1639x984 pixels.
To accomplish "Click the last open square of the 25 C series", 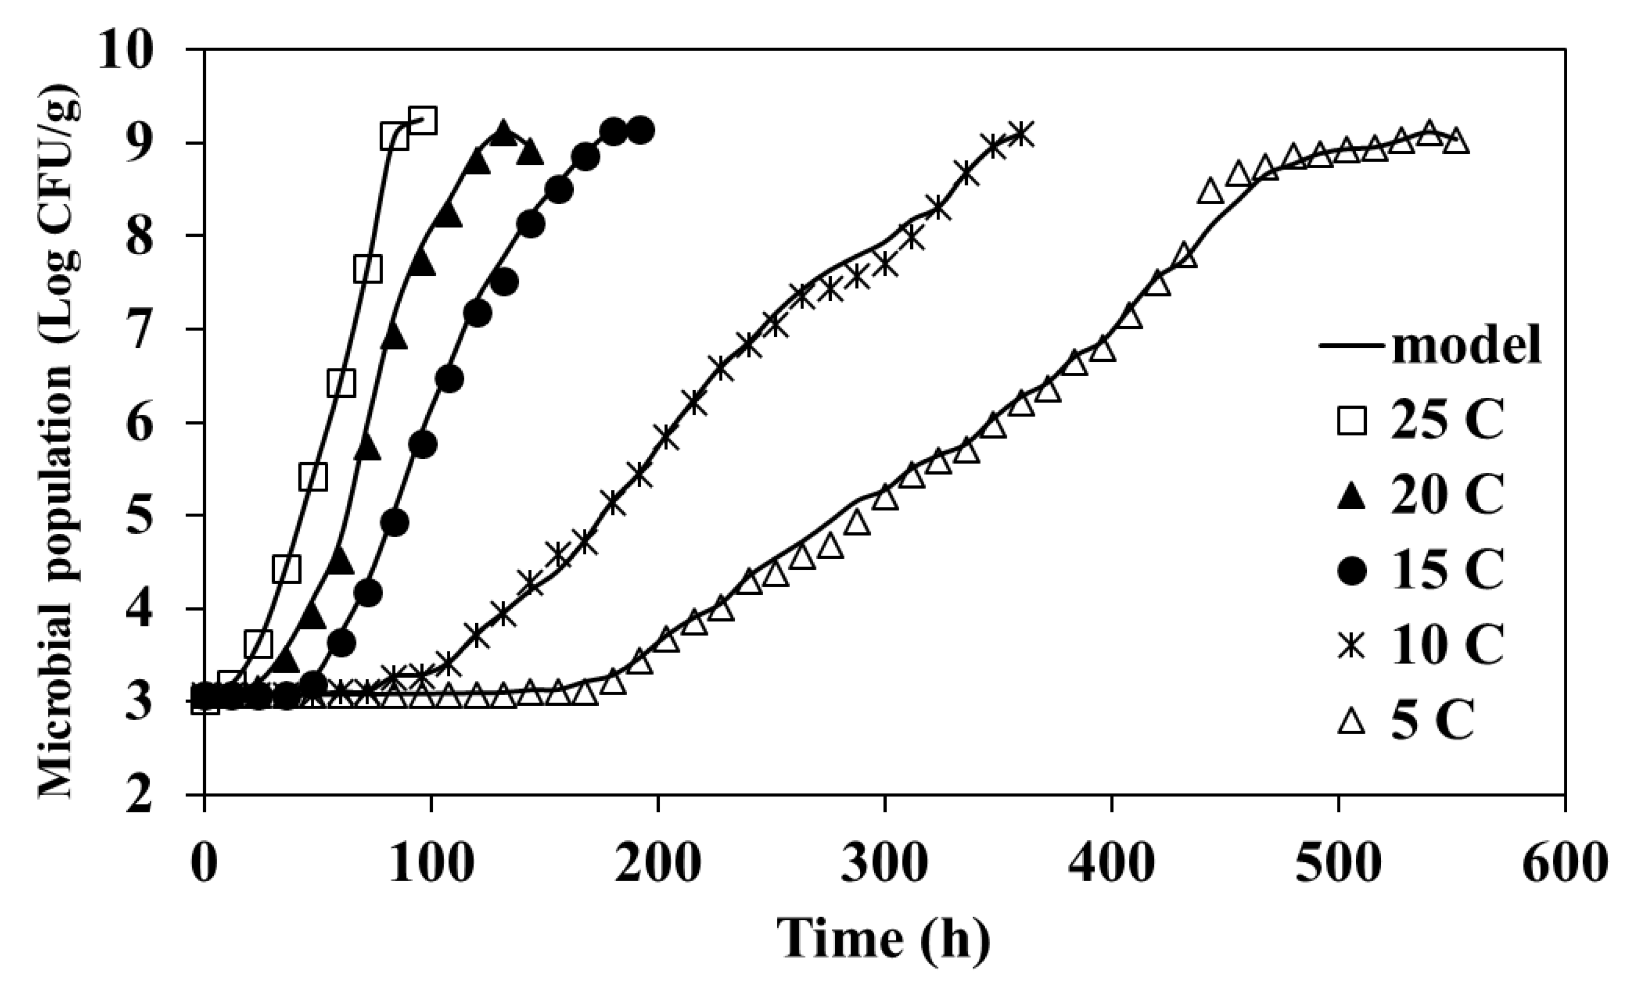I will pyautogui.click(x=422, y=121).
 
